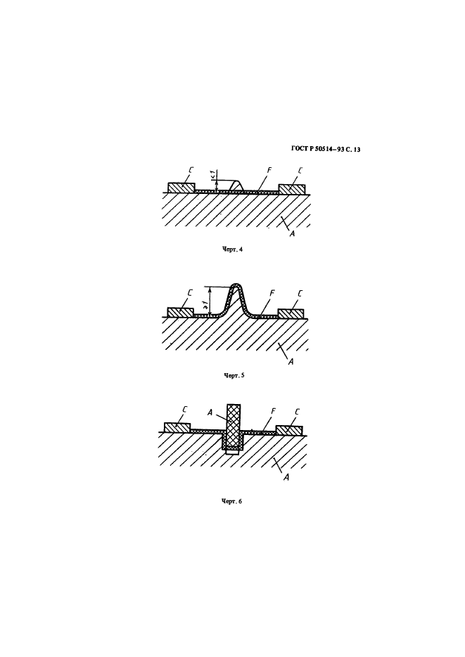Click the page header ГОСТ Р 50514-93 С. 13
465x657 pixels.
pyautogui.click(x=326, y=149)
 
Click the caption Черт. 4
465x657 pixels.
pyautogui.click(x=233, y=249)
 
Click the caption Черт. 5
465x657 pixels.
pyautogui.click(x=234, y=375)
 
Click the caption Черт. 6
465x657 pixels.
pyautogui.click(x=231, y=501)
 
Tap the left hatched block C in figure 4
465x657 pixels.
pyautogui.click(x=181, y=188)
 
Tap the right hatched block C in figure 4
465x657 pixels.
pyautogui.click(x=292, y=189)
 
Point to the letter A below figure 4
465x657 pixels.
pyautogui.click(x=292, y=234)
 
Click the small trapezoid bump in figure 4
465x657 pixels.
pyautogui.click(x=237, y=186)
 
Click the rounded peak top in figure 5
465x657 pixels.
pyautogui.click(x=236, y=286)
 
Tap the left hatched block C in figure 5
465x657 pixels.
pyautogui.click(x=180, y=313)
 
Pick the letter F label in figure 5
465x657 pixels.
pyautogui.click(x=272, y=293)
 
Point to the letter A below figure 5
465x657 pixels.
pyautogui.click(x=291, y=361)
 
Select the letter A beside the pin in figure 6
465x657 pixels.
pyautogui.click(x=210, y=412)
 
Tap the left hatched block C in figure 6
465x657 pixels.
pyautogui.click(x=177, y=428)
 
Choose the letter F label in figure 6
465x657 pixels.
pyautogui.click(x=272, y=412)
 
